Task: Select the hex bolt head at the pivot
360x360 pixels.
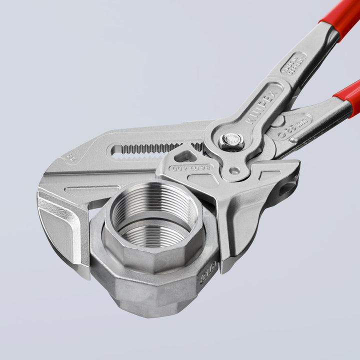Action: [x=231, y=140]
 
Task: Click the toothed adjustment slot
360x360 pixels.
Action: [x=155, y=148]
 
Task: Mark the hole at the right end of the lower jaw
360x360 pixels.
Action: [x=286, y=189]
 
